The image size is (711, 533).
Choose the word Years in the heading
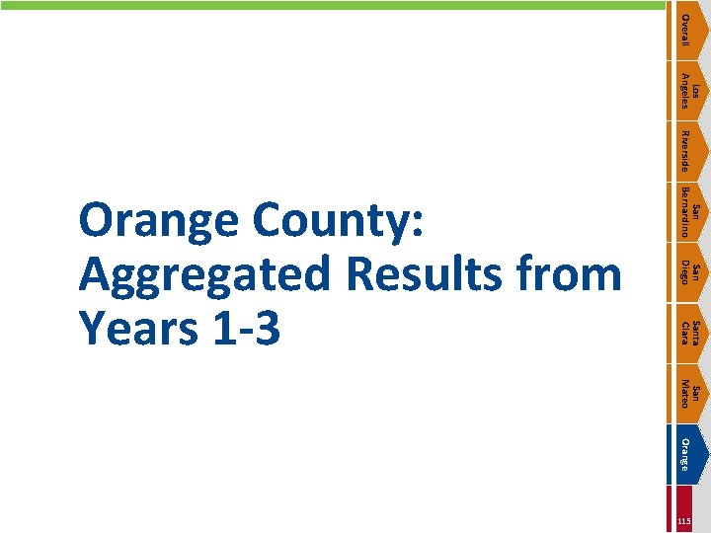(140, 328)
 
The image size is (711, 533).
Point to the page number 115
(685, 521)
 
